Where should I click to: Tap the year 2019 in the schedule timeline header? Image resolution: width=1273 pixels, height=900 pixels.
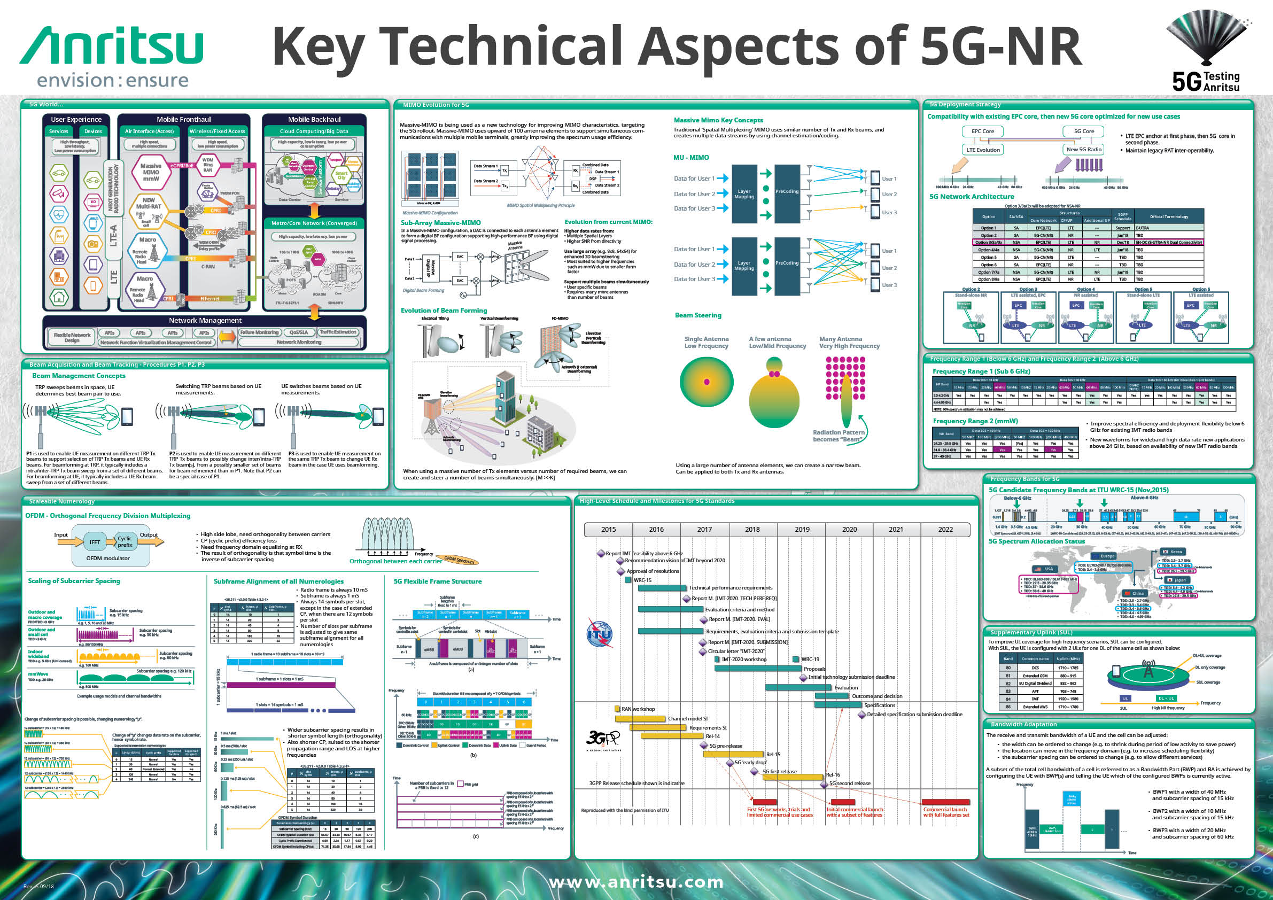tap(802, 529)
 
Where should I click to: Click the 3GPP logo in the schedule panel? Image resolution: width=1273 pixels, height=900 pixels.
tap(603, 738)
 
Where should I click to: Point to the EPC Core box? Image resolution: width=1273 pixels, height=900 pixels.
tap(982, 131)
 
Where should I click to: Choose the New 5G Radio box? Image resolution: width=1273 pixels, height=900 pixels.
tap(1083, 149)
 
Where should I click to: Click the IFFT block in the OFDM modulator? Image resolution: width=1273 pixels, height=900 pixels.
tap(95, 542)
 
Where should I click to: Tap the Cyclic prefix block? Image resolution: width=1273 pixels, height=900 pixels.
tap(125, 541)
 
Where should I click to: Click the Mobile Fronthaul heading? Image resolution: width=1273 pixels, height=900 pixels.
tap(183, 119)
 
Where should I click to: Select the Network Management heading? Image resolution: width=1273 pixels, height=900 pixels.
tap(205, 320)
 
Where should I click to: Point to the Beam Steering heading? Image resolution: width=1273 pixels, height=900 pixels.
tap(697, 315)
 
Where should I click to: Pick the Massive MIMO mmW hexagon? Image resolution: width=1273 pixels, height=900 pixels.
tap(150, 173)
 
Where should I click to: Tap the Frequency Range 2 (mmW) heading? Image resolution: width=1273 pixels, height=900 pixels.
tap(975, 421)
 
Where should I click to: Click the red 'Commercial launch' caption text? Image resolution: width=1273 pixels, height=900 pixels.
tap(945, 812)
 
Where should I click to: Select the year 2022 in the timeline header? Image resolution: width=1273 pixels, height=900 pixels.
tap(945, 529)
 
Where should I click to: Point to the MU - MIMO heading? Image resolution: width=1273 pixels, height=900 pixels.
tap(691, 158)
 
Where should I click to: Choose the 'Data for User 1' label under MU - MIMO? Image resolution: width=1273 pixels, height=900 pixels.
tap(694, 179)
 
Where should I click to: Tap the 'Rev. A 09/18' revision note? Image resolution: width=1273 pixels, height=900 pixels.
tap(38, 886)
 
